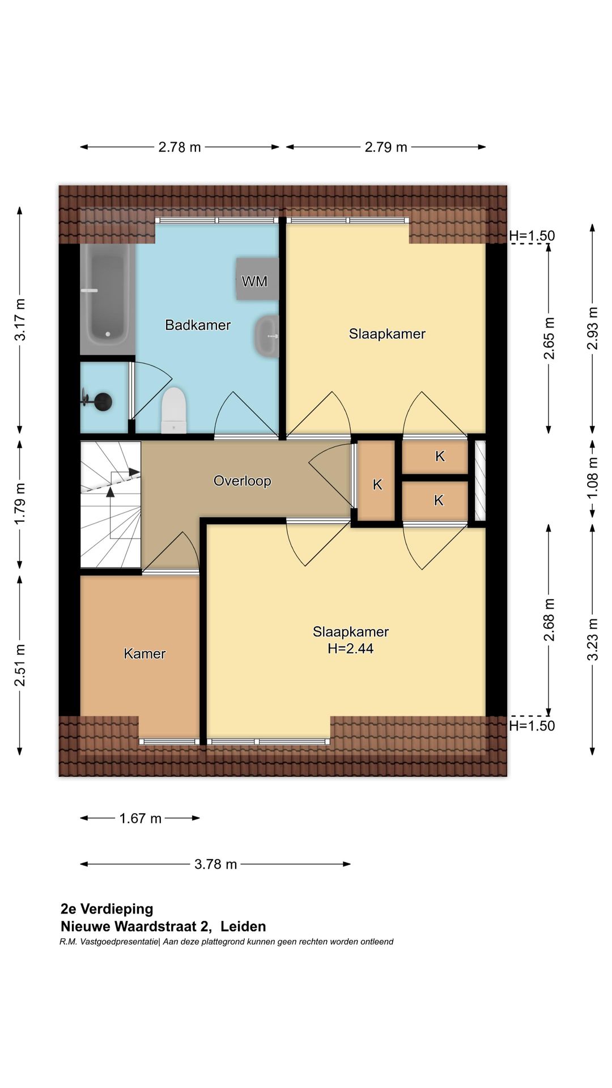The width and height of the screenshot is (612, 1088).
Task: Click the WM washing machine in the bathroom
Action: coord(257,279)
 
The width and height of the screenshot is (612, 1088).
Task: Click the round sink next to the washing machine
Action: coord(266,336)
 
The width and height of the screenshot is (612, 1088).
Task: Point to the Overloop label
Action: coord(242,481)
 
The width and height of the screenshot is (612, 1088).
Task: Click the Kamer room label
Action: coord(144,654)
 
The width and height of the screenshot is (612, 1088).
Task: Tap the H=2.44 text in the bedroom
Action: coord(350,649)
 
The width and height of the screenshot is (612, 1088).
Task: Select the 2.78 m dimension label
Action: coord(180,147)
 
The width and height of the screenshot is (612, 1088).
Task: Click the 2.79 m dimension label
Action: coord(386,147)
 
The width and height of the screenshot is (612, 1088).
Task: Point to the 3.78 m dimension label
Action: coord(215,864)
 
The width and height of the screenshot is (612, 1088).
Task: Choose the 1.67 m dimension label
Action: coord(140,818)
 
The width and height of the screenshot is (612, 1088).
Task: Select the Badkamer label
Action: coord(198,325)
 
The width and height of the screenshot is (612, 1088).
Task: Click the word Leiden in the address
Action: coord(243,926)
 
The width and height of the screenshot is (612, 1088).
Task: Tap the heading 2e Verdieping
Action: coord(107,909)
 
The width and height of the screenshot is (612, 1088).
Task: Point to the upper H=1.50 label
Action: coord(532,236)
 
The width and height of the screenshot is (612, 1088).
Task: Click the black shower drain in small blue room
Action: coord(103,402)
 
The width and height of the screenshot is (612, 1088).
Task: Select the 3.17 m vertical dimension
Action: coord(20,320)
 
